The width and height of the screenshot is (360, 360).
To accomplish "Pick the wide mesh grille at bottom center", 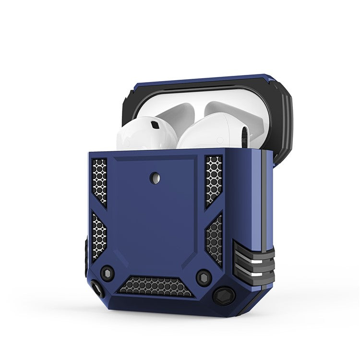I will coord(156,286).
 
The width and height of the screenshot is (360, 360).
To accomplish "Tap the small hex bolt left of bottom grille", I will coord(107,271).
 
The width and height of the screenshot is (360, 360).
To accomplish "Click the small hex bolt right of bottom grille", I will coord(204,277).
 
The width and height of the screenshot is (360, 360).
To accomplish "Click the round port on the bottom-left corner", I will coord(98,289).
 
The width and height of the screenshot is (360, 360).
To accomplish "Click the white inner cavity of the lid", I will coord(192,103).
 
